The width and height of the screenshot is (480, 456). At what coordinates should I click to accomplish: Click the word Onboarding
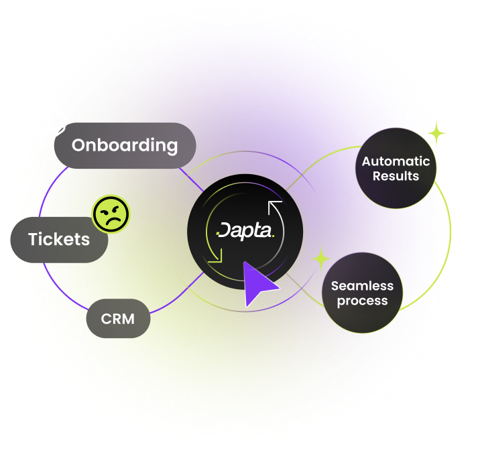(x=125, y=145)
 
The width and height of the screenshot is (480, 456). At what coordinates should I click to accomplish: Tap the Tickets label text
(x=59, y=239)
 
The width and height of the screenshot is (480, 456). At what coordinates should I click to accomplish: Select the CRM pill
(x=117, y=319)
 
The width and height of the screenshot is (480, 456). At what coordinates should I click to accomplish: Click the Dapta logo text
(x=245, y=232)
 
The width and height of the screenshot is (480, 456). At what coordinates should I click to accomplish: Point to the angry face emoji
(x=111, y=214)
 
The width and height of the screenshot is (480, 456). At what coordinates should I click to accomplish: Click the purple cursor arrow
(x=259, y=283)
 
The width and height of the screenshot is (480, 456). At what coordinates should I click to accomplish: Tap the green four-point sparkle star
(x=321, y=258)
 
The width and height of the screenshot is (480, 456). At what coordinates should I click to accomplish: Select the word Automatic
(x=396, y=161)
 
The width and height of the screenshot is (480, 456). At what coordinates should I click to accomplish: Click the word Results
(x=396, y=177)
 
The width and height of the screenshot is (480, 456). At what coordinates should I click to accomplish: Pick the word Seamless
(x=363, y=286)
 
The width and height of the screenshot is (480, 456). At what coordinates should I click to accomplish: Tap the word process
(x=363, y=301)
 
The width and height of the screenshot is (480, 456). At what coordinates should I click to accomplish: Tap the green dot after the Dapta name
(x=272, y=236)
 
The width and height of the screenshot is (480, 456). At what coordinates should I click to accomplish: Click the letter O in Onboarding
(x=79, y=145)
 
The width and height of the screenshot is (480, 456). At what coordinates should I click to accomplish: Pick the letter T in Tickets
(x=34, y=239)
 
